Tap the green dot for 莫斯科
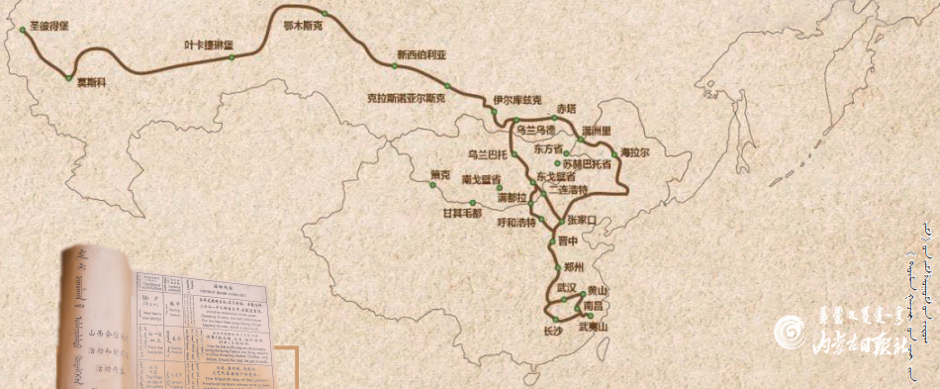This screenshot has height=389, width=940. pyautogui.click(x=68, y=77)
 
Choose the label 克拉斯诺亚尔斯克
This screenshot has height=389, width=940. pyautogui.click(x=406, y=99)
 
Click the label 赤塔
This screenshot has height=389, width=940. pyautogui.click(x=565, y=107)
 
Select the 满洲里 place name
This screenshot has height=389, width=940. pyautogui.click(x=597, y=130)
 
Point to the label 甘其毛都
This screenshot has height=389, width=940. pyautogui.click(x=462, y=213)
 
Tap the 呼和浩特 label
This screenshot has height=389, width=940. pyautogui.click(x=517, y=222)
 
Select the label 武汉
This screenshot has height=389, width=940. pyautogui.click(x=566, y=287)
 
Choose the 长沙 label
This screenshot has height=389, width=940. pyautogui.click(x=553, y=331)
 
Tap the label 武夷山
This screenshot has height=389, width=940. pyautogui.click(x=593, y=327)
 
